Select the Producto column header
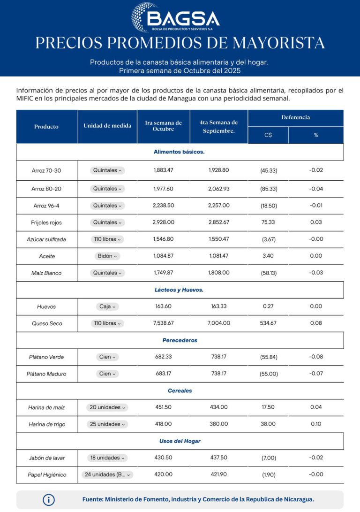(x=46, y=127)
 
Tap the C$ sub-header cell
(x=268, y=135)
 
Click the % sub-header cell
(x=316, y=135)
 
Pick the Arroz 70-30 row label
(x=46, y=170)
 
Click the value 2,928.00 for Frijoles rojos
(x=163, y=222)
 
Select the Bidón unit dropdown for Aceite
(x=107, y=256)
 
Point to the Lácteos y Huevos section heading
(x=179, y=290)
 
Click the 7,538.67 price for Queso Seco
(x=163, y=323)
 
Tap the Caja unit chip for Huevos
(x=107, y=306)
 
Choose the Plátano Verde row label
(x=46, y=357)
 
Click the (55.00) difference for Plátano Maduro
(x=269, y=374)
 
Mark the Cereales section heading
(x=180, y=390)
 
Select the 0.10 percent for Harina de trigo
(x=316, y=424)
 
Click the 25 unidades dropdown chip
(x=107, y=424)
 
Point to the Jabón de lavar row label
(x=46, y=458)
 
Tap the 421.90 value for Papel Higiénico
(x=218, y=474)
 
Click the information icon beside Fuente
(x=49, y=500)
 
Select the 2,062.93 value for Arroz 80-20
(x=218, y=189)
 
